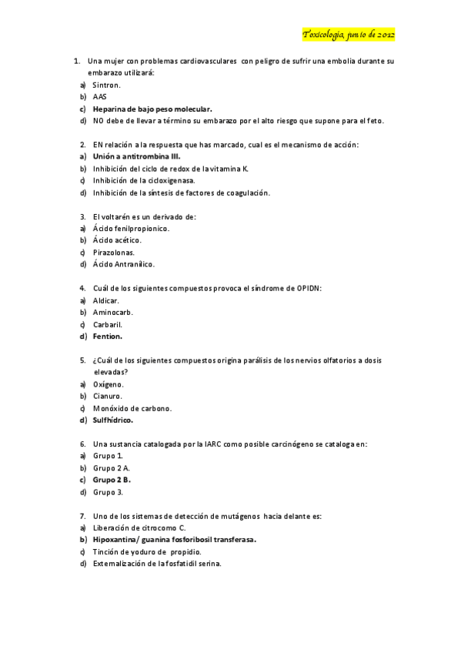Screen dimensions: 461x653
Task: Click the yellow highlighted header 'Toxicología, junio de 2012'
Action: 348,35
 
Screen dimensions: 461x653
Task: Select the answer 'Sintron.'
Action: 107,85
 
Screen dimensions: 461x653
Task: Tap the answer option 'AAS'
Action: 100,96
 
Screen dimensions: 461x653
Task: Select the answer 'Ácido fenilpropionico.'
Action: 131,229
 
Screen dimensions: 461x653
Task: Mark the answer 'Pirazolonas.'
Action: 114,252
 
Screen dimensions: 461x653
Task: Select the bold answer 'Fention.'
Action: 108,336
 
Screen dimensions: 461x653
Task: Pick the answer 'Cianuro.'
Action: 108,396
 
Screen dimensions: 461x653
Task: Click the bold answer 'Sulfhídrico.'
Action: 113,420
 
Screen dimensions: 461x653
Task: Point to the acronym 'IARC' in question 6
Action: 192,444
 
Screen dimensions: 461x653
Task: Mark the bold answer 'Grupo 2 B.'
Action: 112,479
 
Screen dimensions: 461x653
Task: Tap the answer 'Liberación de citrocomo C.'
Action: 139,527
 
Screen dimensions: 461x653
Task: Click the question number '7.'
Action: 82,515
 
